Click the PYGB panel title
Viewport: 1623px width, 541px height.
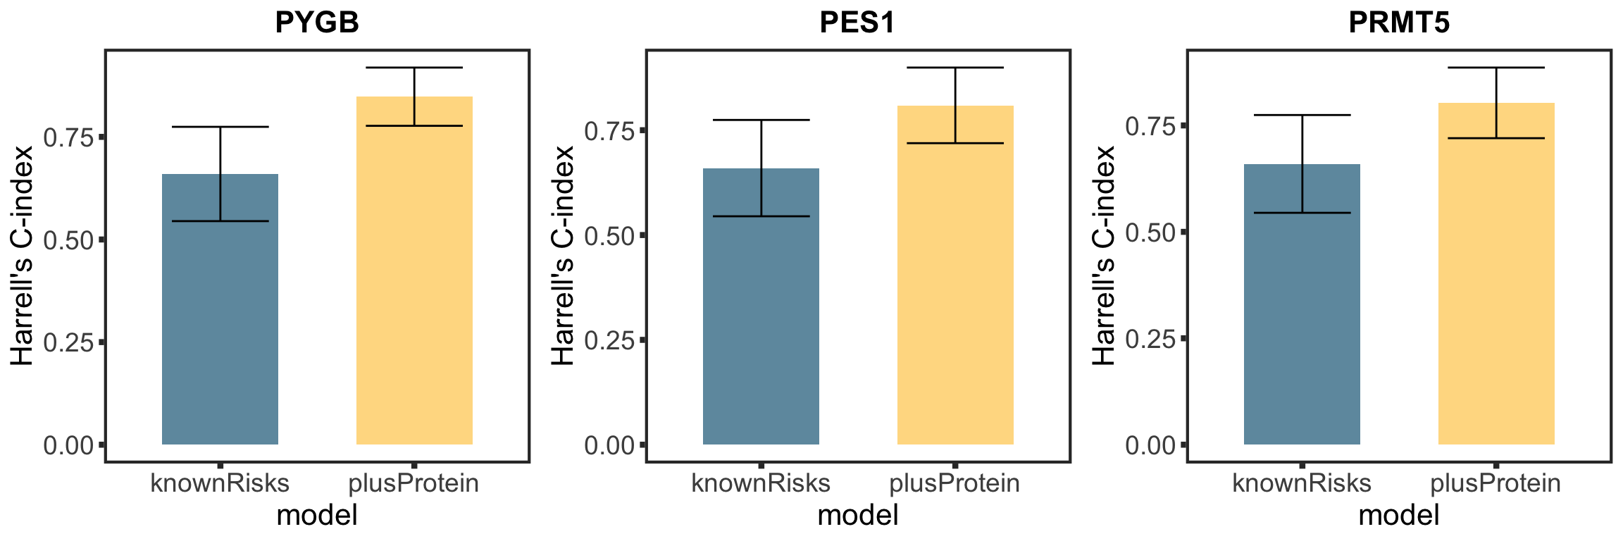pyautogui.click(x=317, y=23)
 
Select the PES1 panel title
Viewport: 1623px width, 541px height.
pyautogui.click(x=857, y=23)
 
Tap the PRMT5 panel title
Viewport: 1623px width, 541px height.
pyautogui.click(x=1399, y=23)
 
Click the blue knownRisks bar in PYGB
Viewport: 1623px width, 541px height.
pyautogui.click(x=220, y=317)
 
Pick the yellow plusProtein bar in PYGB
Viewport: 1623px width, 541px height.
pyautogui.click(x=414, y=282)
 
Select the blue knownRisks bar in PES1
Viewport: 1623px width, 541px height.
pyautogui.click(x=761, y=317)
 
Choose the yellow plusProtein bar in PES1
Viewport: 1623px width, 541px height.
pyautogui.click(x=955, y=282)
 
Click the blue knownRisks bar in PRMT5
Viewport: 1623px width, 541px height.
pyautogui.click(x=1302, y=317)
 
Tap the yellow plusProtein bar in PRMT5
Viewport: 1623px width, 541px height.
pyautogui.click(x=1496, y=282)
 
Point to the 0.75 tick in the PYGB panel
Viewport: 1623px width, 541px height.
pyautogui.click(x=68, y=137)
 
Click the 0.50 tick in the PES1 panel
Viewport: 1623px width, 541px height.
pyautogui.click(x=609, y=235)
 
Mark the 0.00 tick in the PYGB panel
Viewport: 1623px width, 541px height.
pyautogui.click(x=68, y=445)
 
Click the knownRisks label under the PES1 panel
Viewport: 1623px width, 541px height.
pyautogui.click(x=761, y=483)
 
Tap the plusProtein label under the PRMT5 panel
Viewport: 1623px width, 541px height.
pyautogui.click(x=1496, y=483)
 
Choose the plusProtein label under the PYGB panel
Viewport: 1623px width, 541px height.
pyautogui.click(x=414, y=483)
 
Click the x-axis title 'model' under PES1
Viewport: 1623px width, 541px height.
pyautogui.click(x=857, y=516)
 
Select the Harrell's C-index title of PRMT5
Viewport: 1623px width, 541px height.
pyautogui.click(x=1104, y=255)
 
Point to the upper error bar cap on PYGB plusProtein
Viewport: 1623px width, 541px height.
pyautogui.click(x=414, y=68)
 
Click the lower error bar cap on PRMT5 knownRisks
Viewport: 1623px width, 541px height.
pyautogui.click(x=1302, y=213)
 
